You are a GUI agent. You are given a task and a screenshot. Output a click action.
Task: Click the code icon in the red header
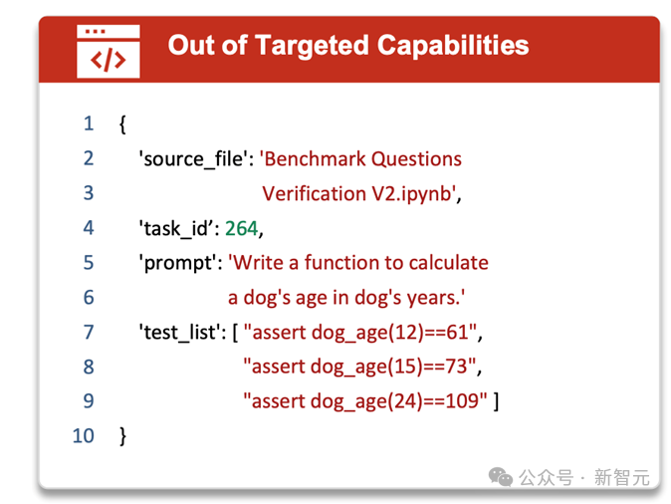[109, 52]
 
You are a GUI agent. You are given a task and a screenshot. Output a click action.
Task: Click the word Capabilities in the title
[453, 46]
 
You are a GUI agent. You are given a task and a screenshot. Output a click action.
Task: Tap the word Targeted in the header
[312, 46]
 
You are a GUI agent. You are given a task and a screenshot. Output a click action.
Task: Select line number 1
[89, 124]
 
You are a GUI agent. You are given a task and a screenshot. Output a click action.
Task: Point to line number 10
[83, 435]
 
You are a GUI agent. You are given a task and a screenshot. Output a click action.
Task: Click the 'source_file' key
[193, 159]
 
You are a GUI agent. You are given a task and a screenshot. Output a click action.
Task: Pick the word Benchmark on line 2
[315, 158]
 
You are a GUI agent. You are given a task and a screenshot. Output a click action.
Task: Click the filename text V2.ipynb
[411, 194]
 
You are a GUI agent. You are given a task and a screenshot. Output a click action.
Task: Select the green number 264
[241, 228]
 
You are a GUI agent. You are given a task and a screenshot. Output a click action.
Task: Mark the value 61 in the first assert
[457, 332]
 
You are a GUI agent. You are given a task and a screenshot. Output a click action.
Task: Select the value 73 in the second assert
[456, 367]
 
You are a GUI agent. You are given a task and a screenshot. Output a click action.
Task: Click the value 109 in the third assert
[462, 401]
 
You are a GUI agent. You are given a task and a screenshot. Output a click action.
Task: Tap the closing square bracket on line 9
[496, 401]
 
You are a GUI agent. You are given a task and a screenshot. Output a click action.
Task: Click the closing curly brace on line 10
[122, 436]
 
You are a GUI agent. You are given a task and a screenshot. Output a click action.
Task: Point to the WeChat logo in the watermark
[500, 476]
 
